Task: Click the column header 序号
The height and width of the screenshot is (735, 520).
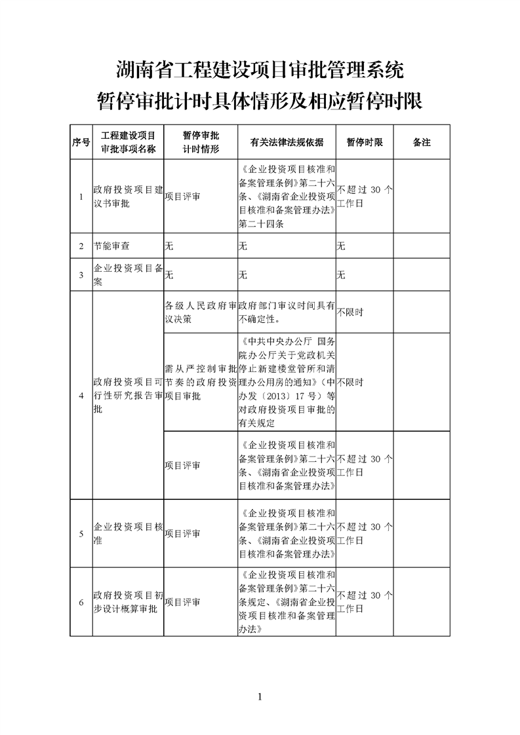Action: pyautogui.click(x=81, y=142)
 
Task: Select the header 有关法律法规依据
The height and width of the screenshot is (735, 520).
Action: pyautogui.click(x=287, y=142)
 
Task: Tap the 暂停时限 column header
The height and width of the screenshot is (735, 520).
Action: pyautogui.click(x=365, y=142)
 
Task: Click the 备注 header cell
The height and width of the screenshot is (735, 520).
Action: pyautogui.click(x=422, y=142)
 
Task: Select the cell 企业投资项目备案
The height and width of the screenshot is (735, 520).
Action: pyautogui.click(x=128, y=274)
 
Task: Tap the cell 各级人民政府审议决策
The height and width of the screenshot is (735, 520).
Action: pyautogui.click(x=200, y=312)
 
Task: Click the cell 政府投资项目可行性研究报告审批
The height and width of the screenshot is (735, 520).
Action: pyautogui.click(x=128, y=396)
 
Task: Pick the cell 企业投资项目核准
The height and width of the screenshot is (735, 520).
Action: pyautogui.click(x=128, y=533)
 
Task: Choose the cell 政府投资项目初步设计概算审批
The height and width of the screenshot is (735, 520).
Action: pyautogui.click(x=128, y=602)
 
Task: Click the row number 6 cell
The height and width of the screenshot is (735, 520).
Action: pyautogui.click(x=81, y=602)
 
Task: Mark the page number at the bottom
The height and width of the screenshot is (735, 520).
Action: pyautogui.click(x=260, y=696)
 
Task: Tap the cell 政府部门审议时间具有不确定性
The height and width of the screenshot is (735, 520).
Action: pyautogui.click(x=287, y=312)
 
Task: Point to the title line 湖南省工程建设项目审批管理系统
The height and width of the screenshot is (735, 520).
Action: pyautogui.click(x=260, y=68)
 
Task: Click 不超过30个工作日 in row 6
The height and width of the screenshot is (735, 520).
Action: pyautogui.click(x=365, y=602)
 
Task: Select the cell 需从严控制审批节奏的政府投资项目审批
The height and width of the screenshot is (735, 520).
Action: pyautogui.click(x=200, y=382)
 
